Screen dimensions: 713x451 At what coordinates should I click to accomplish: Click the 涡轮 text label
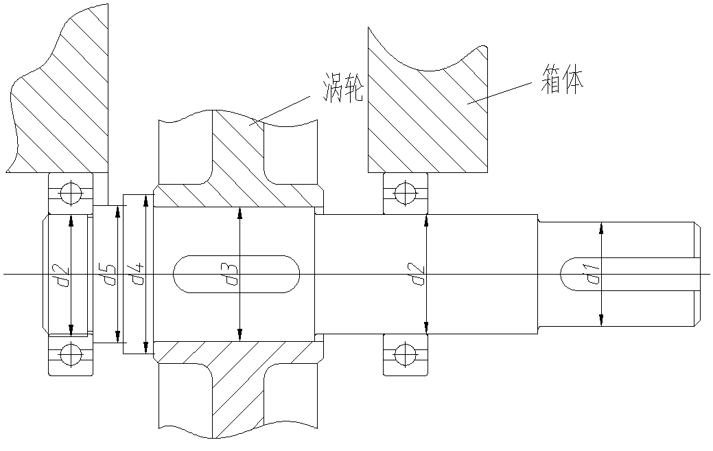(343, 88)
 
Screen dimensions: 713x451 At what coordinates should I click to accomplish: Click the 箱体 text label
(562, 80)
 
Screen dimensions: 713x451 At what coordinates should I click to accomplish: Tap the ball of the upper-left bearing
(71, 194)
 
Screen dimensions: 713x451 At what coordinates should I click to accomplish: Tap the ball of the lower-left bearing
(71, 355)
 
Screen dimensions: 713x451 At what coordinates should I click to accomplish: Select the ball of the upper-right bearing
(405, 194)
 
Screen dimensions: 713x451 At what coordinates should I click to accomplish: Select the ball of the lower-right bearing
(405, 355)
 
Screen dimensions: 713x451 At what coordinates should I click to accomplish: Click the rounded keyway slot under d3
(237, 274)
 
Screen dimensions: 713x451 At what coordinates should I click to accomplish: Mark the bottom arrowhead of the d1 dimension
(602, 320)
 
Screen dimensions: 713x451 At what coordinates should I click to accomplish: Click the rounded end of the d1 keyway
(567, 274)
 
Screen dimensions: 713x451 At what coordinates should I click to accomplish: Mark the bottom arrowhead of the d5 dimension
(118, 336)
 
